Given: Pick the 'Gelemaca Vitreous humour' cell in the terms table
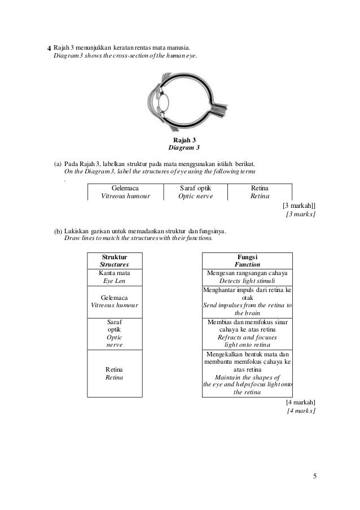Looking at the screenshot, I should click(125, 192).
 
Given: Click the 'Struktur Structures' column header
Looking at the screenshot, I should click(115, 260).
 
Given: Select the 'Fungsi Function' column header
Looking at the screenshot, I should click(247, 260).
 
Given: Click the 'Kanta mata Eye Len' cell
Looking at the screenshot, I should click(115, 277).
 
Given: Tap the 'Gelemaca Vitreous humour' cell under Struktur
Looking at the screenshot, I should click(115, 301).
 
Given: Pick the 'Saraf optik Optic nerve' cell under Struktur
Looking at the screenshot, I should click(115, 333).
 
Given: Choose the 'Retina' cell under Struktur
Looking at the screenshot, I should click(115, 373).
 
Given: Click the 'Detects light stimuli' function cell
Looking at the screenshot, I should click(247, 277).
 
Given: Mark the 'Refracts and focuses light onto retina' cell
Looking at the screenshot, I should click(247, 333).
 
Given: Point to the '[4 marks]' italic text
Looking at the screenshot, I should click(301, 411).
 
